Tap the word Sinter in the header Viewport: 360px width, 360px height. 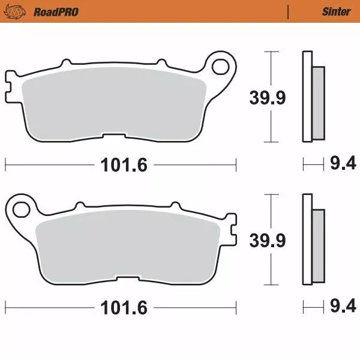pos(336,11)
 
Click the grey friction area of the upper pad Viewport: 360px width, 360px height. pos(114,102)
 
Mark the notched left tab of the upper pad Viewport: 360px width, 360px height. pos(10,83)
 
